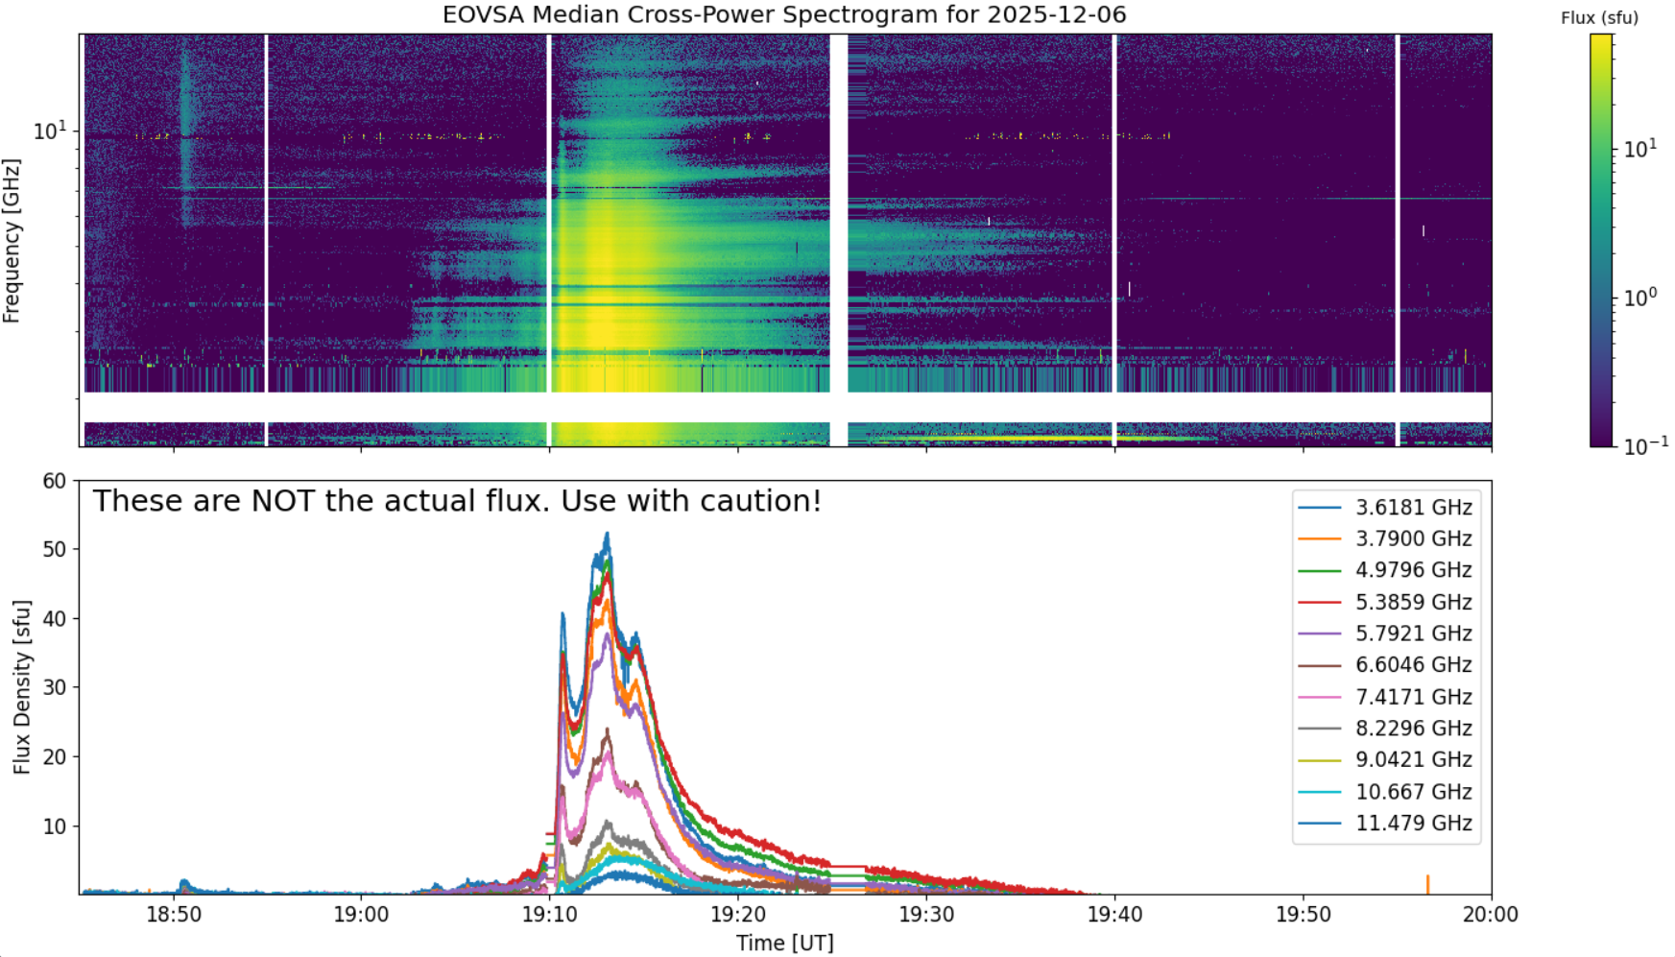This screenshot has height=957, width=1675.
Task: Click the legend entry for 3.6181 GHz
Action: [x=1385, y=508]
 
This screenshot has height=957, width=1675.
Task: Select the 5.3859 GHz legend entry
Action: [x=1385, y=602]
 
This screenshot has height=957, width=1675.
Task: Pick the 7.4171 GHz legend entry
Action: [x=1385, y=697]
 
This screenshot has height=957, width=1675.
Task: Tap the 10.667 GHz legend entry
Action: [x=1385, y=792]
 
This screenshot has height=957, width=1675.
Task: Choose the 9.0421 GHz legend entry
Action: [x=1385, y=759]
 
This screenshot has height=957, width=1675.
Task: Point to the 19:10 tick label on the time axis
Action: [x=549, y=915]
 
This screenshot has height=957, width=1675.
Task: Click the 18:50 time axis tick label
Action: [x=174, y=915]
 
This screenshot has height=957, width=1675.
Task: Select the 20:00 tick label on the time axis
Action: [x=1491, y=915]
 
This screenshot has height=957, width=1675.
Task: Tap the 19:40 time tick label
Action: [x=1114, y=915]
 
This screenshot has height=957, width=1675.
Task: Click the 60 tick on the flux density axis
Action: [x=55, y=481]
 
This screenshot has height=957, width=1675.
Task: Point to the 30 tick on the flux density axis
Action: [x=55, y=687]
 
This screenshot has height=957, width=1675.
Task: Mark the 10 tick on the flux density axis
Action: [x=55, y=826]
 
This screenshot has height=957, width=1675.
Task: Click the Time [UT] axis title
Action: [x=785, y=944]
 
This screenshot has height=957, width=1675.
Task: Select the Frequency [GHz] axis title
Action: [x=12, y=241]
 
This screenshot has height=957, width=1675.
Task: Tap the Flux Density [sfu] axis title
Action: [x=21, y=687]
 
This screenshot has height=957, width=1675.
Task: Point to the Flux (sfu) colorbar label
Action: [x=1599, y=18]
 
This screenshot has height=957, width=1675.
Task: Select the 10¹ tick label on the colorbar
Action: [x=1640, y=149]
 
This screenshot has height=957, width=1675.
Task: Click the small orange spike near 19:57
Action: [x=1427, y=884]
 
